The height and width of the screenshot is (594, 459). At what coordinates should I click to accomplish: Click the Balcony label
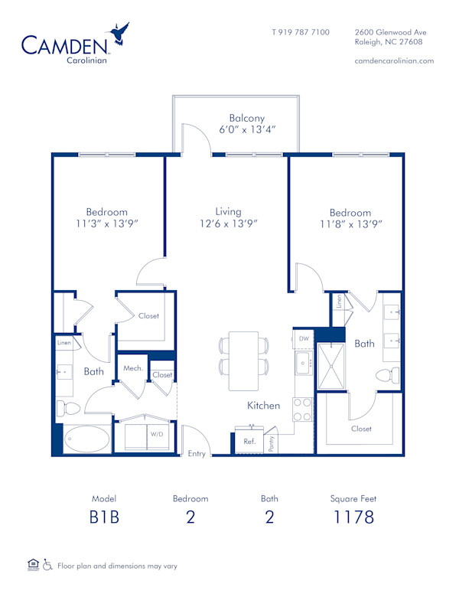246,118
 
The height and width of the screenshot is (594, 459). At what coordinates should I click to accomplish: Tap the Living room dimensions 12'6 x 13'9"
228,224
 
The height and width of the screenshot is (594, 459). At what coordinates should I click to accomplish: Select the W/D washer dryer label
157,434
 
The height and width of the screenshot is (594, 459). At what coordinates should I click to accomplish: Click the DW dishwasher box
304,338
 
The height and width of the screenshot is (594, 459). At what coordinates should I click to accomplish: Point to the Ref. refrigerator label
249,442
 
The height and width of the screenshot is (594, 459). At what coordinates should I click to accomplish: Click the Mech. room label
133,368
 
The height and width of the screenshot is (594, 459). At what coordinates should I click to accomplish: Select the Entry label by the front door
197,453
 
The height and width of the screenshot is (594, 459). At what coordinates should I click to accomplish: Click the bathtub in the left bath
87,439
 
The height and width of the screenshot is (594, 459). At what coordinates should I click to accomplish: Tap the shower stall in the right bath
333,366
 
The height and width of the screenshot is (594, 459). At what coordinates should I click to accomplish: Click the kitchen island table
244,361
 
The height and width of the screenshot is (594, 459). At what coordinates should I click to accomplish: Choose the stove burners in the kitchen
303,410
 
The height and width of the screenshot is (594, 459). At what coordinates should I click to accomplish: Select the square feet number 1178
353,517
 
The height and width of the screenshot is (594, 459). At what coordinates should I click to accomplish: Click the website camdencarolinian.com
395,60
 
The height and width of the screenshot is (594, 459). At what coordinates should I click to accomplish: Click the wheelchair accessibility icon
47,565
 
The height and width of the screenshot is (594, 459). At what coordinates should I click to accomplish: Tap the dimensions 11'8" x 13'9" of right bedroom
350,224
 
